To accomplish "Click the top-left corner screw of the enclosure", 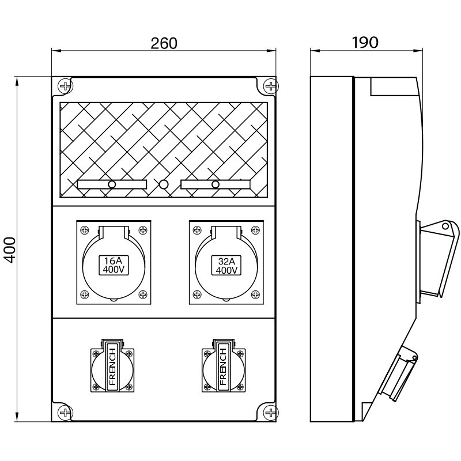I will point(65,86).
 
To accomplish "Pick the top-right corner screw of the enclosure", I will point(270,86).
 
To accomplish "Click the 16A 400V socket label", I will point(114,264).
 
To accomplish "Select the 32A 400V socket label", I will point(227,264).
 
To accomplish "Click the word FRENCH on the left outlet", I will point(112,366).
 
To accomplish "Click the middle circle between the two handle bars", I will point(164,184).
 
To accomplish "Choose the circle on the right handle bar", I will point(216,184).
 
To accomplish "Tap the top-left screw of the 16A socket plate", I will point(85,229).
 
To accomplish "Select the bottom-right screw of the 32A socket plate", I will point(255,295).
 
